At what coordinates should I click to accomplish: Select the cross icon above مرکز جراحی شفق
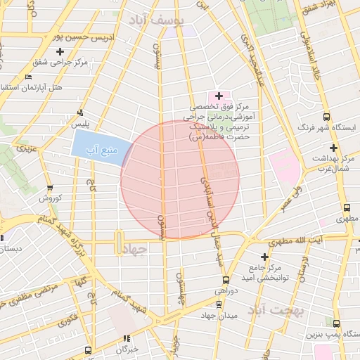[x=60, y=51]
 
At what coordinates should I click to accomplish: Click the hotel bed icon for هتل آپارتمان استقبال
[x=28, y=77]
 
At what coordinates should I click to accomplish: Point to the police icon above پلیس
[x=82, y=112]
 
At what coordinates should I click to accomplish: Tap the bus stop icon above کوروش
[x=49, y=188]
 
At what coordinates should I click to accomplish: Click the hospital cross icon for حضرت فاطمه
[x=219, y=96]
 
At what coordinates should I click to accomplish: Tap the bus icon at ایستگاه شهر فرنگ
[x=326, y=117]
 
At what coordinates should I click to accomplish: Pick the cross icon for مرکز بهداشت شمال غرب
[x=333, y=148]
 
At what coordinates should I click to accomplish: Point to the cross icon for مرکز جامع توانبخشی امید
[x=264, y=257]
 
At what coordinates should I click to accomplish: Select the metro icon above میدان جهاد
[x=219, y=304]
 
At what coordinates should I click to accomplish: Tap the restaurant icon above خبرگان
[x=127, y=338]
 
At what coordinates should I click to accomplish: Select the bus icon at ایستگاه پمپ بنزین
[x=337, y=323]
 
